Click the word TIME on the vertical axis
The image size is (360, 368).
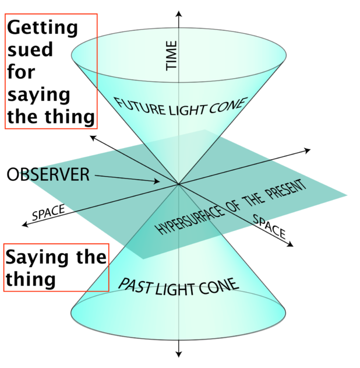[172, 56]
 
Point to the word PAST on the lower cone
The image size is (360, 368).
[137, 285]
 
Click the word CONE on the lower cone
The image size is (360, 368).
[222, 286]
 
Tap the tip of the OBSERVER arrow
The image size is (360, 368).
[159, 181]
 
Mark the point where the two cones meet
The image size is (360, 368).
[179, 184]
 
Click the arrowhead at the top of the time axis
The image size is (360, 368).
[179, 13]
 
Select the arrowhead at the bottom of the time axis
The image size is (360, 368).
[179, 354]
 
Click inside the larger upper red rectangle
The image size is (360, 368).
[51, 71]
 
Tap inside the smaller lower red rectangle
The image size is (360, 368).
[56, 267]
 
